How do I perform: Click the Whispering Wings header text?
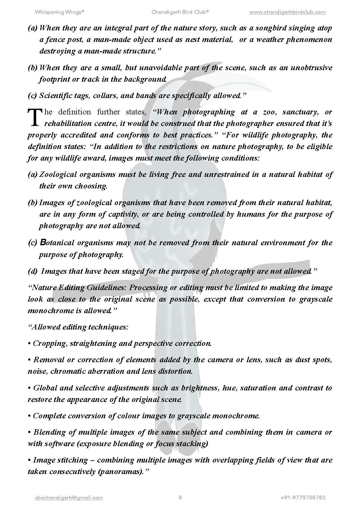pyautogui.click(x=59, y=12)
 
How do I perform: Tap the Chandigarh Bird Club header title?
pyautogui.click(x=180, y=12)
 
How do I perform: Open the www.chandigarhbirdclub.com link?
pyautogui.click(x=287, y=12)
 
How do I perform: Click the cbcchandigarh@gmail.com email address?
pyautogui.click(x=69, y=497)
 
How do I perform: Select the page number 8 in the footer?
pyautogui.click(x=180, y=497)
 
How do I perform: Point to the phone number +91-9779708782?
pyautogui.click(x=303, y=497)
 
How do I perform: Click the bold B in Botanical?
pyautogui.click(x=43, y=243)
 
